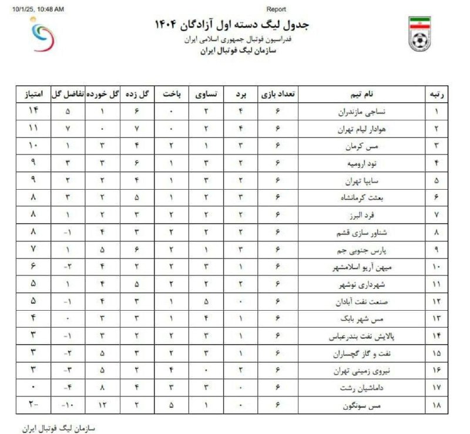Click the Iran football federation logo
(419, 33)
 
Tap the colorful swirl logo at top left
(45, 36)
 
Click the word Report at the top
(277, 9)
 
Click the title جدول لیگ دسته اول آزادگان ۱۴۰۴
(231, 25)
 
